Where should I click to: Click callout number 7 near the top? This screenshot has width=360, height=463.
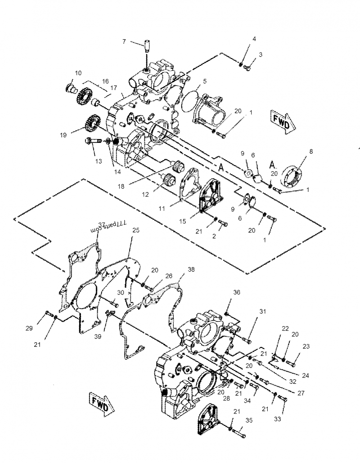[124, 41]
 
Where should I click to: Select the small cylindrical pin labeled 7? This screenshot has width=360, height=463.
[147, 46]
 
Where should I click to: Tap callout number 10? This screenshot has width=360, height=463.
[78, 73]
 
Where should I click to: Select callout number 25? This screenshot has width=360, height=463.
[136, 230]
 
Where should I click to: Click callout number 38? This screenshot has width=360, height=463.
[191, 270]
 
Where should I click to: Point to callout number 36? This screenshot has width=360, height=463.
[237, 292]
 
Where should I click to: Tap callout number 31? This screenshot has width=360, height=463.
[262, 311]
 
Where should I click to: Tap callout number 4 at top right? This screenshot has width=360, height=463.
[254, 39]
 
